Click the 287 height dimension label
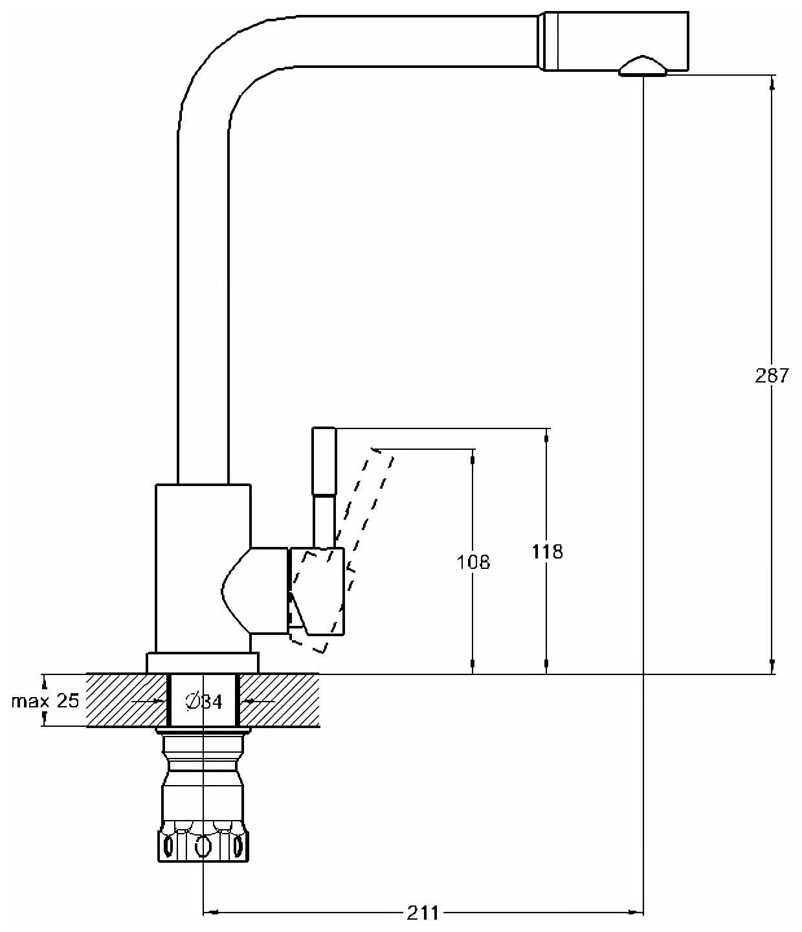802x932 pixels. tap(772, 375)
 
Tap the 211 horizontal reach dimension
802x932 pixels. tap(422, 913)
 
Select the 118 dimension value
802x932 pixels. tap(547, 551)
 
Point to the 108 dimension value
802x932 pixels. tap(473, 562)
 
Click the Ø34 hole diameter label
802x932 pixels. tap(204, 701)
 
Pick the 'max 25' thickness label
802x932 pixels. tap(45, 700)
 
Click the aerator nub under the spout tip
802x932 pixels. tap(642, 67)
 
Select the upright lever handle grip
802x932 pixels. tap(324, 461)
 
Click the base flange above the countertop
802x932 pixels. tap(203, 663)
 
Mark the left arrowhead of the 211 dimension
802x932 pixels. tap(209, 913)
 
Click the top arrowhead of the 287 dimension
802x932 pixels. tap(772, 82)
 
